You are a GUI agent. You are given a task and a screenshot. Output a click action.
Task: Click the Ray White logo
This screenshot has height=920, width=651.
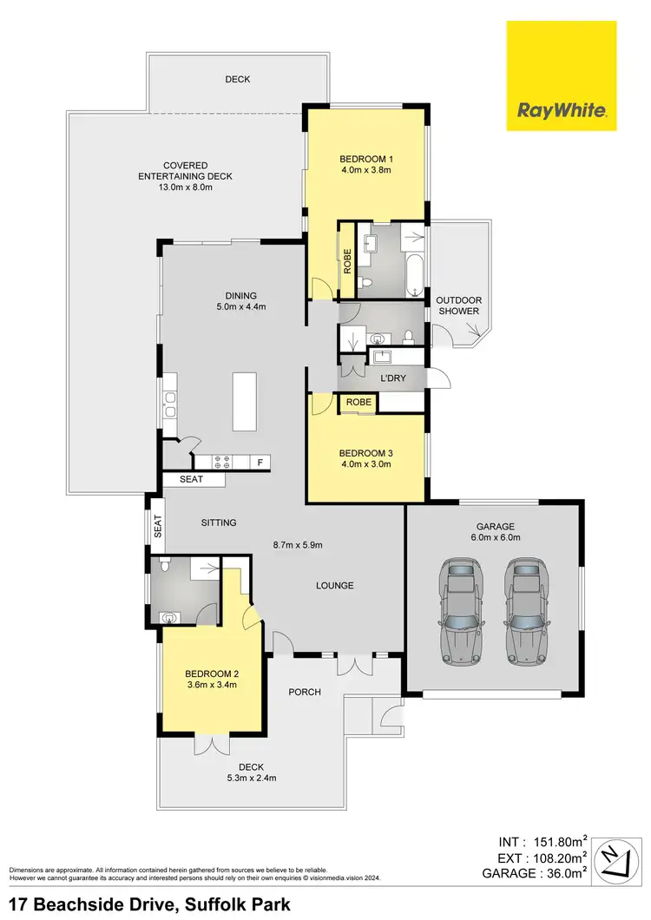click(x=562, y=76)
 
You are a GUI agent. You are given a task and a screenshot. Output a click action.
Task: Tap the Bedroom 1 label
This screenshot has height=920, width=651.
click(x=366, y=159)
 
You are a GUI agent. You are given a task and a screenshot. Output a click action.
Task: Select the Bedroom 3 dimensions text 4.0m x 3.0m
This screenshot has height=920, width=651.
click(x=366, y=464)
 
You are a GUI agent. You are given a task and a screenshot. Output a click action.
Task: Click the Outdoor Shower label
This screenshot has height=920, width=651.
click(x=459, y=306)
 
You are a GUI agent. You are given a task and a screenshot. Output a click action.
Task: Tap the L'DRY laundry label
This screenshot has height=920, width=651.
click(x=392, y=378)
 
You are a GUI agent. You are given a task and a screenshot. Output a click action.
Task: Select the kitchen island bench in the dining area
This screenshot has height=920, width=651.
click(x=244, y=400)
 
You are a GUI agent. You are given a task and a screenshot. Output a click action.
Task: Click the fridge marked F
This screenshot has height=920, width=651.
click(x=259, y=463)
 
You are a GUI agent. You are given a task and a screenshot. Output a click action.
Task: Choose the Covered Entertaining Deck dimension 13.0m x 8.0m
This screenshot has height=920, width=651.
click(x=186, y=187)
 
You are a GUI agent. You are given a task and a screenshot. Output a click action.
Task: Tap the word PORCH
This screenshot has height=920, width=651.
click(x=305, y=692)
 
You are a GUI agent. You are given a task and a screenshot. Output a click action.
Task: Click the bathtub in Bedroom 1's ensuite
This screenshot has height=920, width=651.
click(x=414, y=276)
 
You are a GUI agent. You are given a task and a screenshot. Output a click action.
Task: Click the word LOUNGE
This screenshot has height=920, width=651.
click(x=334, y=585)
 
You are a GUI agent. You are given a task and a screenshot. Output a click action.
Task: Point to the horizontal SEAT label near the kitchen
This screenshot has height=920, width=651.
click(x=191, y=479)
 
